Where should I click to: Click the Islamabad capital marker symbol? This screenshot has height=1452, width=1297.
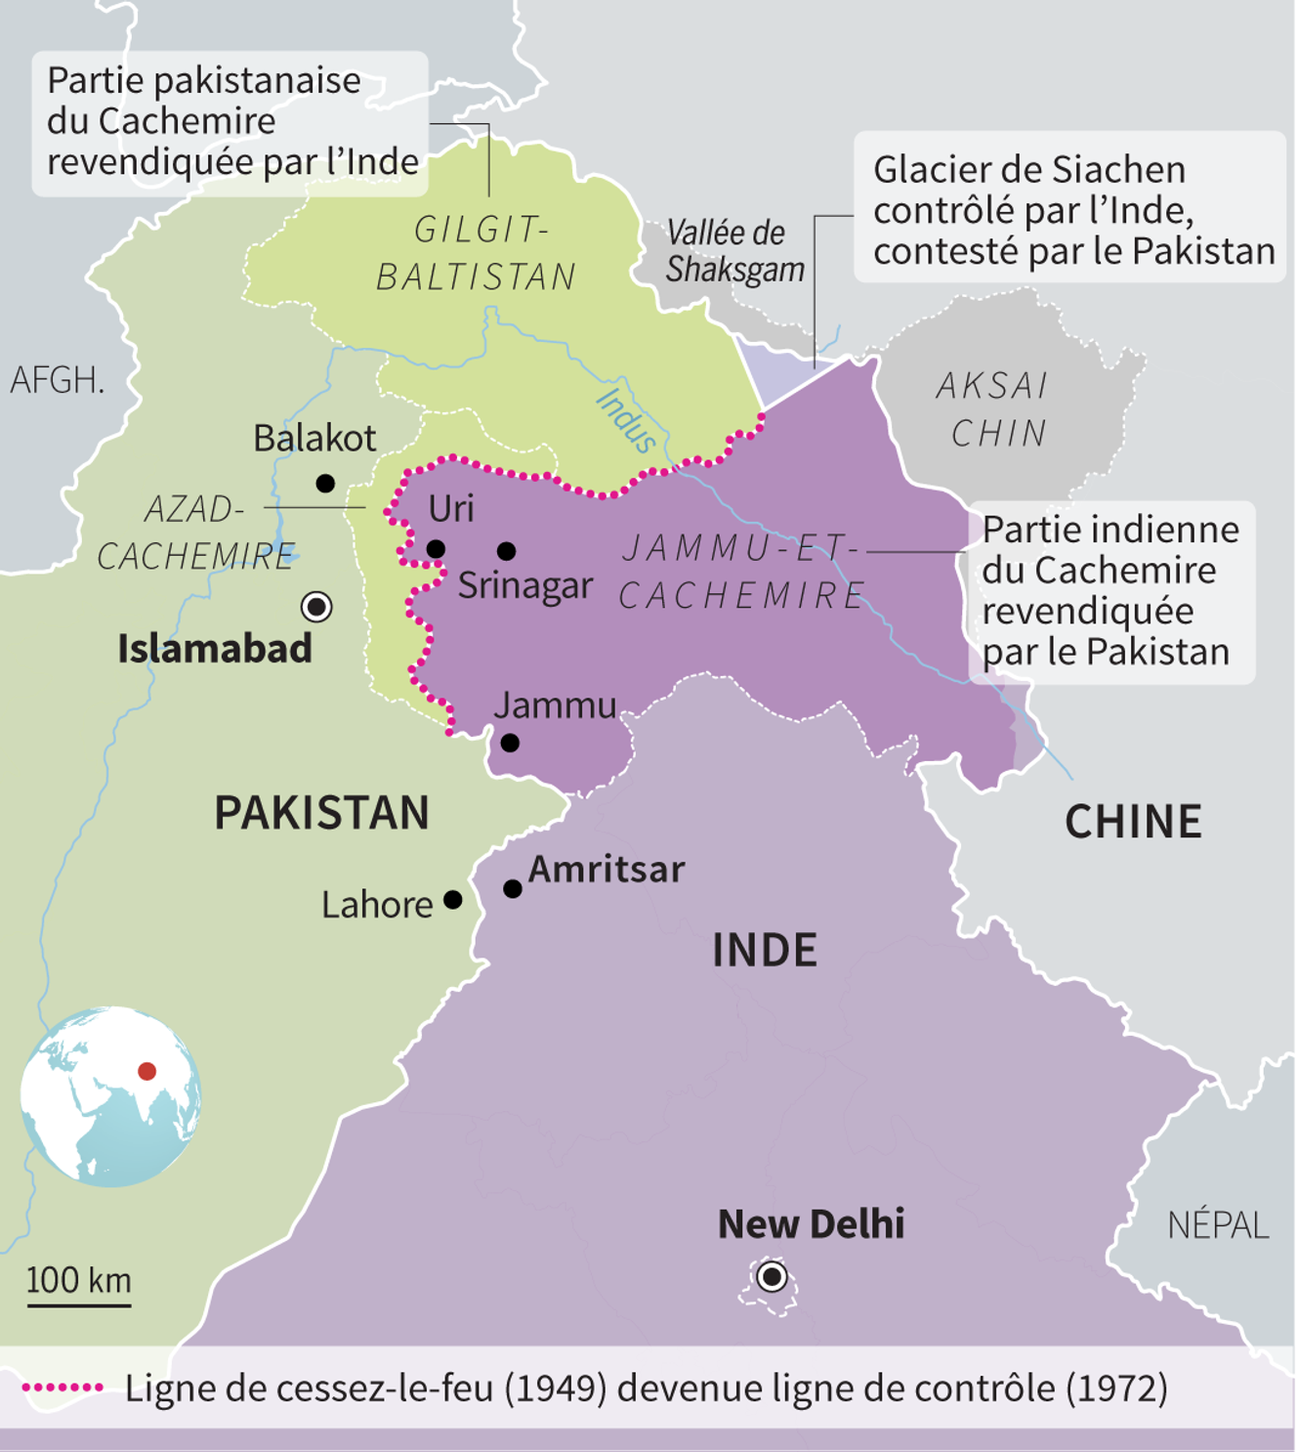pyautogui.click(x=316, y=607)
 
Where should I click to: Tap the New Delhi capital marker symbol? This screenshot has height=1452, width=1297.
pyautogui.click(x=773, y=1276)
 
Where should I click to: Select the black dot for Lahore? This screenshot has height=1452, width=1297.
pyautogui.click(x=453, y=899)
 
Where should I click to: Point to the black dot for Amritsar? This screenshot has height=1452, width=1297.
pyautogui.click(x=513, y=888)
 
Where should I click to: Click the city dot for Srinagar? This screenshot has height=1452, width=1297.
pyautogui.click(x=506, y=551)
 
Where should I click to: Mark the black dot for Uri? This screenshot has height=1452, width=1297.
pyautogui.click(x=436, y=549)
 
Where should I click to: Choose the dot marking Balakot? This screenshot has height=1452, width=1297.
pyautogui.click(x=325, y=483)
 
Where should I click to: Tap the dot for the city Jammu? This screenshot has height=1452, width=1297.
pyautogui.click(x=510, y=743)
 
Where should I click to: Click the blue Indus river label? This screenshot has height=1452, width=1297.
pyautogui.click(x=626, y=420)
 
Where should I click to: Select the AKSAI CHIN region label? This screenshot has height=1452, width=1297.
pyautogui.click(x=993, y=409)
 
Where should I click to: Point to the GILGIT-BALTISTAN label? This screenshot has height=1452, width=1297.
pyautogui.click(x=478, y=253)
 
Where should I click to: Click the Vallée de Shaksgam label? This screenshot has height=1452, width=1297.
pyautogui.click(x=733, y=251)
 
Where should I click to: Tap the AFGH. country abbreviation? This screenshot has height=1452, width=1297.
pyautogui.click(x=57, y=379)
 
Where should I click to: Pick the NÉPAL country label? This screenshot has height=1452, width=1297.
pyautogui.click(x=1218, y=1224)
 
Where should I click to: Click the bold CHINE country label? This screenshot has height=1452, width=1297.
pyautogui.click(x=1133, y=822)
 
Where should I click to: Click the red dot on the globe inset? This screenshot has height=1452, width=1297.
pyautogui.click(x=147, y=1071)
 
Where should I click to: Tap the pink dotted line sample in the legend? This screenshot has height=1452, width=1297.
pyautogui.click(x=63, y=1388)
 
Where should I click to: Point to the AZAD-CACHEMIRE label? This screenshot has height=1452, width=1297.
pyautogui.click(x=195, y=533)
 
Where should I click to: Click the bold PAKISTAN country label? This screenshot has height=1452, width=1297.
pyautogui.click(x=321, y=813)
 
